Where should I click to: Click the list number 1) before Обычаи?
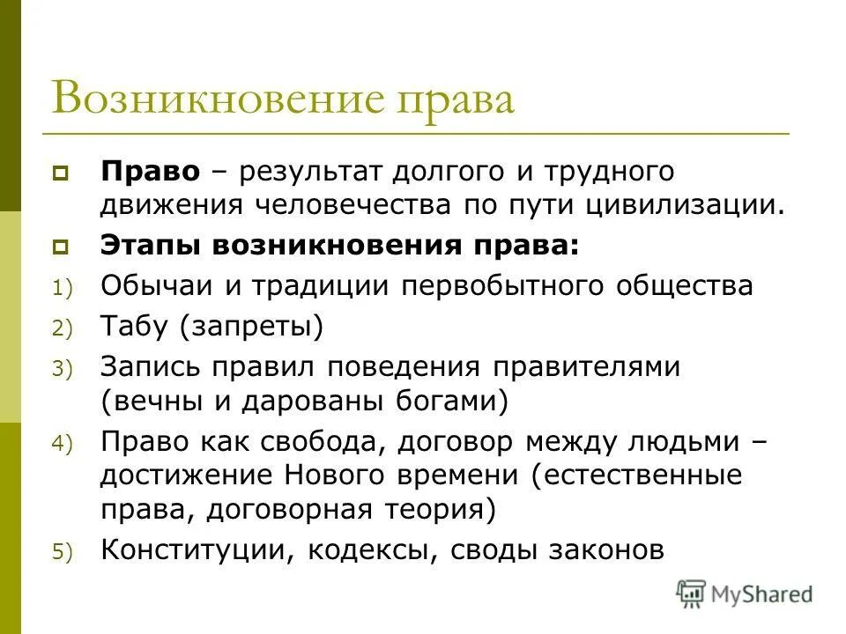65,289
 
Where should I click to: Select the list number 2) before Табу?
65,329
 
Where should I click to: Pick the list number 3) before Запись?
65,370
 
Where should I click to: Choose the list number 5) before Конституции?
65,552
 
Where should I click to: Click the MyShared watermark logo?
745,593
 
